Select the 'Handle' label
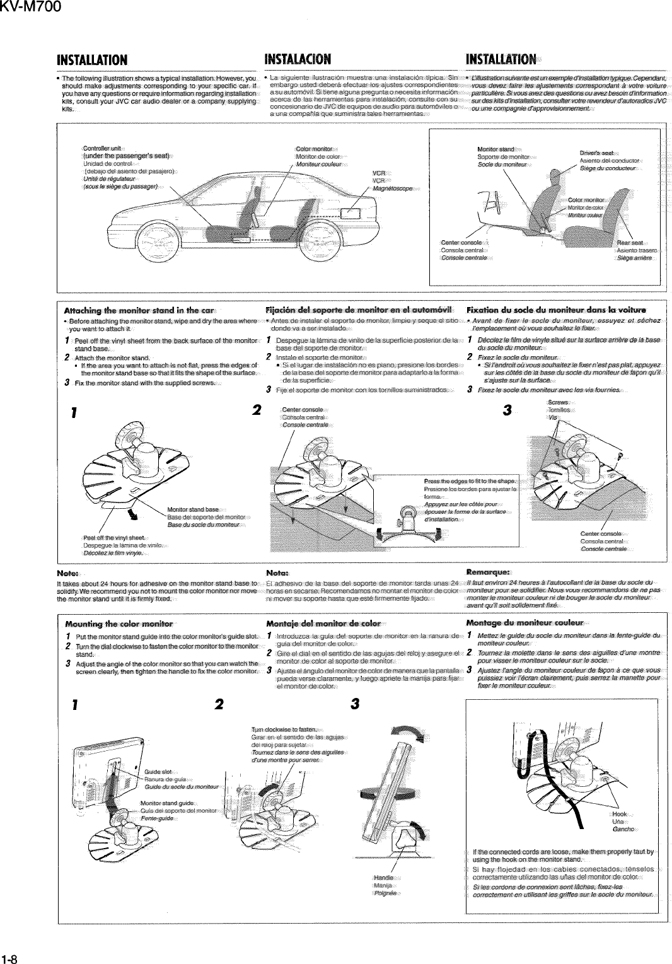384,878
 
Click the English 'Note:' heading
67,572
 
